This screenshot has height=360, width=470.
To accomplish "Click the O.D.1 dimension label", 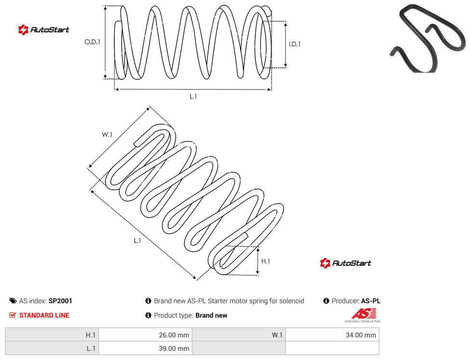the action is [92, 42].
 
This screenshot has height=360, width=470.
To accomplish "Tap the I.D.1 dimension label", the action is [295, 44].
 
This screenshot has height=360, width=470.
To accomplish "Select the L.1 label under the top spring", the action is [193, 96].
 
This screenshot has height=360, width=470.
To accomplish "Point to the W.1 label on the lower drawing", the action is [107, 135].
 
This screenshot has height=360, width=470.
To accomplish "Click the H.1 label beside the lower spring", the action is [265, 261].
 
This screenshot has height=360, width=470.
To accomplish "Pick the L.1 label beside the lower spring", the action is [137, 241].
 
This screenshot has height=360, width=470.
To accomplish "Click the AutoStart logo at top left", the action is [44, 30].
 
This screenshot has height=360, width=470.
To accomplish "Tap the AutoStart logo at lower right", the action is [346, 263].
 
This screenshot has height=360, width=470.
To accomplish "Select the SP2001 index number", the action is [60, 301].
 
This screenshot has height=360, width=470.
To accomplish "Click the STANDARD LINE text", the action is [44, 315].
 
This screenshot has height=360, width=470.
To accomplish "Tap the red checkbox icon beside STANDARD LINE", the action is [13, 315].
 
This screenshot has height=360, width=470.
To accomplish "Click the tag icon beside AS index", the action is [13, 301].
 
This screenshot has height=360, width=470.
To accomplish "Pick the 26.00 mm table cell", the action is [145, 335].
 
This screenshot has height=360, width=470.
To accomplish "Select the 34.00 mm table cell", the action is [332, 335].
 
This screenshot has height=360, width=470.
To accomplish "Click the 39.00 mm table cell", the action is [145, 348].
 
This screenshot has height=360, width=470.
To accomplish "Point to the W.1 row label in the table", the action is [277, 335].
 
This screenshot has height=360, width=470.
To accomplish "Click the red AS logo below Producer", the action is [363, 315].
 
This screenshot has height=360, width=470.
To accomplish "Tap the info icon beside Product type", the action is [148, 315].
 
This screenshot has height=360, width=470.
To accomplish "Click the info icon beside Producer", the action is [326, 301].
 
